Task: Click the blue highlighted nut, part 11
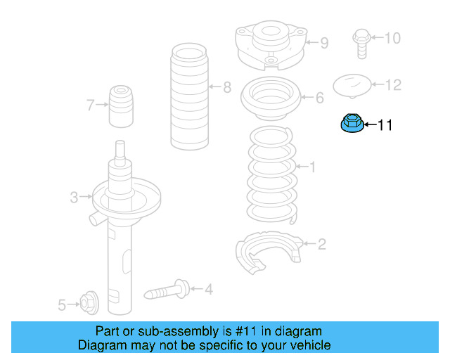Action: [352, 124]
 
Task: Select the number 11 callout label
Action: [385, 126]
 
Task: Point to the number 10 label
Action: [392, 37]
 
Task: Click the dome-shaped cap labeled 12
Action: [351, 85]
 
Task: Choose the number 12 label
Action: [393, 85]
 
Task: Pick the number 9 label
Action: [323, 44]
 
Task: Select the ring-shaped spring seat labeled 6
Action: [271, 99]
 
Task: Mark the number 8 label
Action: [226, 88]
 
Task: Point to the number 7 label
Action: [90, 106]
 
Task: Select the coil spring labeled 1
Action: [271, 169]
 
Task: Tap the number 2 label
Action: [321, 245]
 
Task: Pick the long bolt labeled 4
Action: [167, 289]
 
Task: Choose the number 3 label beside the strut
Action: [74, 198]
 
